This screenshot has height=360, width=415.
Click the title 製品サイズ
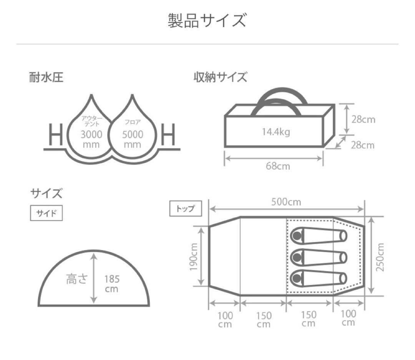tap(207, 20)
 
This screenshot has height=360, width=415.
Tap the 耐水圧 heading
tap(46, 78)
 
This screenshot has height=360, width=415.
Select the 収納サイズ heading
tap(220, 78)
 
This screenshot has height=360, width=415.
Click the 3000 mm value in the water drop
tap(91, 139)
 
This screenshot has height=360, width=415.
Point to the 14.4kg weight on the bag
tap(276, 133)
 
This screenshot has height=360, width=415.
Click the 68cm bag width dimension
tap(278, 166)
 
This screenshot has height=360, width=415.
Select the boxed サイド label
tap(46, 214)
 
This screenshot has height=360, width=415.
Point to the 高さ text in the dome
tap(76, 279)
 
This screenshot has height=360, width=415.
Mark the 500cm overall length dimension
tap(287, 202)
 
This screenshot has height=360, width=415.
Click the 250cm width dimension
tap(381, 257)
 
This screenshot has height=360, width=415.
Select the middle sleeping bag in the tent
tap(319, 256)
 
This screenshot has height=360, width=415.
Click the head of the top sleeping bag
tap(297, 236)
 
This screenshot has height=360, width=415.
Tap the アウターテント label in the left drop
tap(91, 121)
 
